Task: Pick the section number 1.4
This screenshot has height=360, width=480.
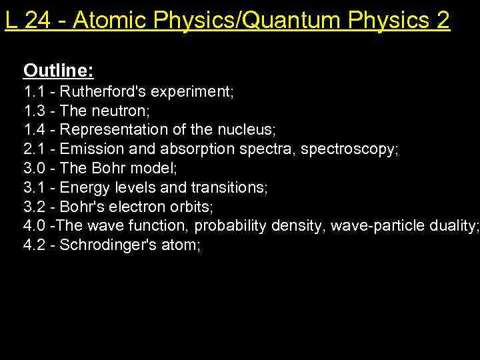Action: (35, 130)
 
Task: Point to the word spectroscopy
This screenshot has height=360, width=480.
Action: (349, 149)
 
